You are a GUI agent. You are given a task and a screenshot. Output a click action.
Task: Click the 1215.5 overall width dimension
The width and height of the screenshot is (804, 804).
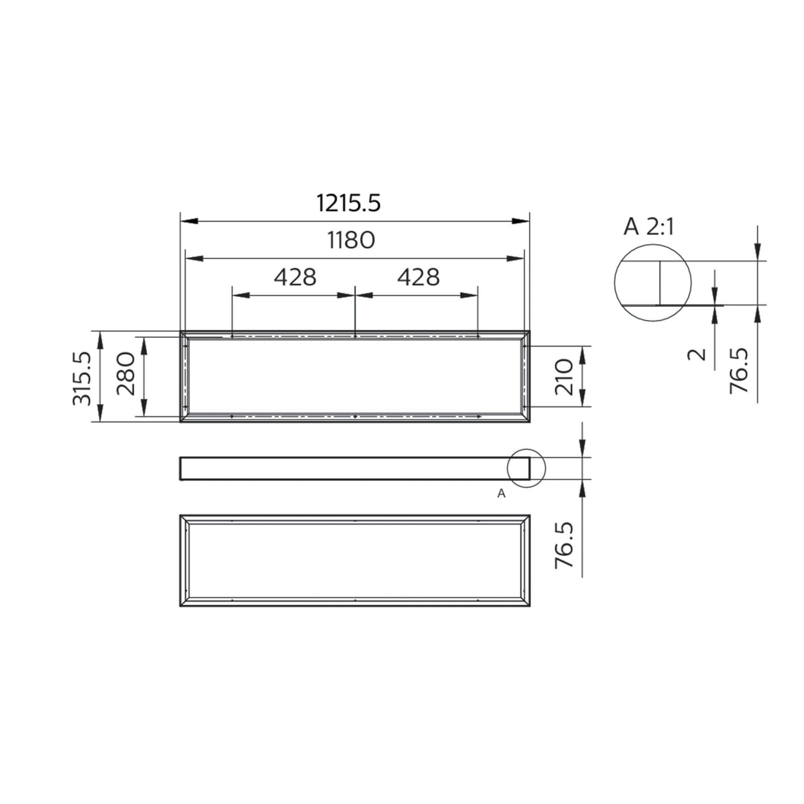tap(348, 203)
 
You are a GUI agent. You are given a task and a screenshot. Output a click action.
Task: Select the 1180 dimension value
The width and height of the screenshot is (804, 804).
tap(351, 240)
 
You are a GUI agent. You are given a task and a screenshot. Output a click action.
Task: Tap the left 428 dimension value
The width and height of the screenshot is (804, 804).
tap(295, 276)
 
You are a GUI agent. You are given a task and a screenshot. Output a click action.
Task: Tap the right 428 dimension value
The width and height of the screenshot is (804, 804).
tap(417, 276)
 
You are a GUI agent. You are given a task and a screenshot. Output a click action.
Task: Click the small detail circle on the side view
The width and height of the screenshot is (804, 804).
tap(525, 468)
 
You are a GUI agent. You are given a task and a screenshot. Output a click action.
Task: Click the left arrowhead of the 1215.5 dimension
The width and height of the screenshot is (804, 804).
tap(185, 221)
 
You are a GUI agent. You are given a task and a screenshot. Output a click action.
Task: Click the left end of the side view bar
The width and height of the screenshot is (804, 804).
tap(182, 468)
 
